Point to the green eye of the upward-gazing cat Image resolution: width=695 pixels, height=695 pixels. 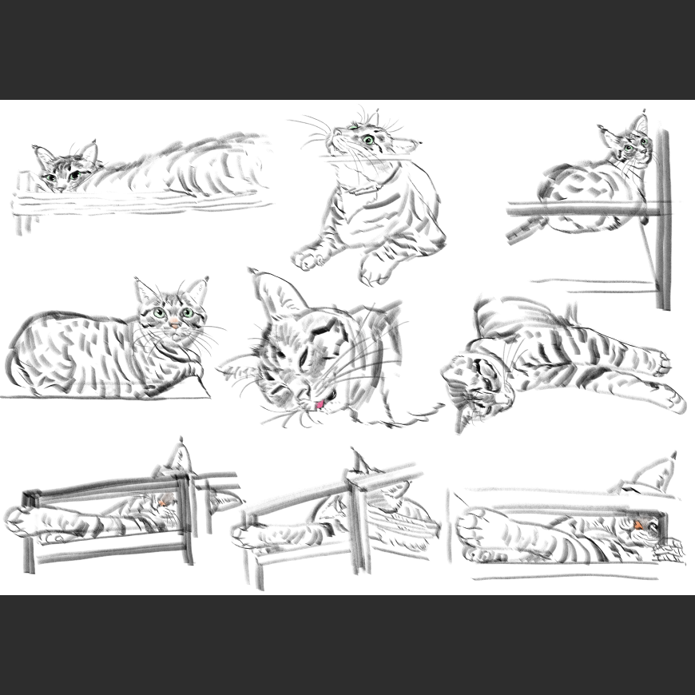pyautogui.click(x=368, y=141)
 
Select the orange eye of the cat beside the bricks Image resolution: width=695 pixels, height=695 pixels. pyautogui.click(x=639, y=524)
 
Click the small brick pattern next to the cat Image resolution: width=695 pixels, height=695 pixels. pyautogui.click(x=669, y=551)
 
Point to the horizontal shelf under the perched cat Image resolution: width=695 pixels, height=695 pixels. pyautogui.click(x=575, y=210)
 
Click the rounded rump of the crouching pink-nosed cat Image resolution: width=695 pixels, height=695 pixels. pyautogui.click(x=32, y=351)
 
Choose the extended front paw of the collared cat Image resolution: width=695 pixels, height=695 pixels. pyautogui.click(x=308, y=257)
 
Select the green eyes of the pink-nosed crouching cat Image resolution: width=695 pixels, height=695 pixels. pyautogui.click(x=173, y=313)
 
